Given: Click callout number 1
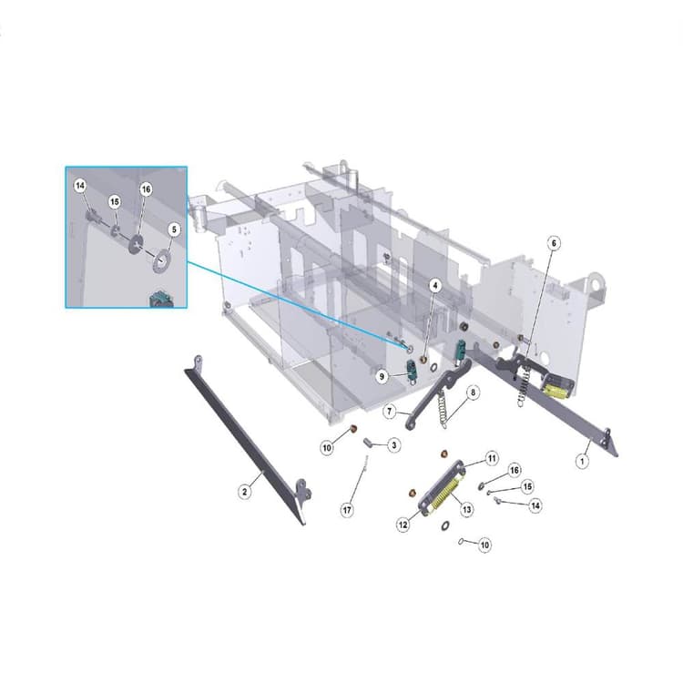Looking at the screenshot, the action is click(x=582, y=461).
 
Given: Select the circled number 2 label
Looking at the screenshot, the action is click(x=245, y=492).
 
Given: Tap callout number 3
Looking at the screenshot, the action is click(x=393, y=445).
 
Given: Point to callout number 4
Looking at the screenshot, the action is click(x=434, y=286).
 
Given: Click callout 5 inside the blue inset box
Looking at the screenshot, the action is click(x=174, y=229).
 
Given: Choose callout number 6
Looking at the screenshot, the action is click(x=554, y=243).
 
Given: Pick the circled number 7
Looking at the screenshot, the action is click(x=390, y=411).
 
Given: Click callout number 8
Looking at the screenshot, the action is click(x=473, y=392).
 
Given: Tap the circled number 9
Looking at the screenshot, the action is click(x=382, y=376).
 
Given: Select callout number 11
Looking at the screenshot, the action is click(x=492, y=458).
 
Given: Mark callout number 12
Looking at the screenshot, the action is click(x=403, y=525).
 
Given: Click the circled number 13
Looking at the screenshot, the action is click(x=466, y=509).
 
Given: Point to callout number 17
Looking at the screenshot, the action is click(x=347, y=510).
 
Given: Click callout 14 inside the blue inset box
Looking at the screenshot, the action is click(x=80, y=186).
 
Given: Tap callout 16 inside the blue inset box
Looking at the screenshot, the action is click(x=146, y=189).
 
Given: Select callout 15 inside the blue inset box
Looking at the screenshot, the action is click(x=115, y=202).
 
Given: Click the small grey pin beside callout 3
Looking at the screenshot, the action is click(x=369, y=443).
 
